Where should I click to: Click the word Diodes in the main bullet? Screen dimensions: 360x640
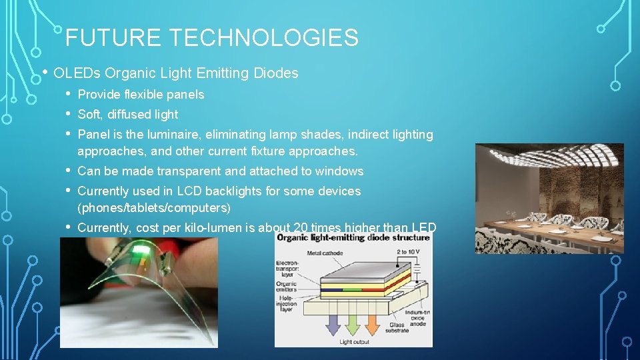point(276,73)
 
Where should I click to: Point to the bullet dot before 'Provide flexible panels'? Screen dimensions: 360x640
point(67,94)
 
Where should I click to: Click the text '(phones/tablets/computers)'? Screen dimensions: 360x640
point(154,208)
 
